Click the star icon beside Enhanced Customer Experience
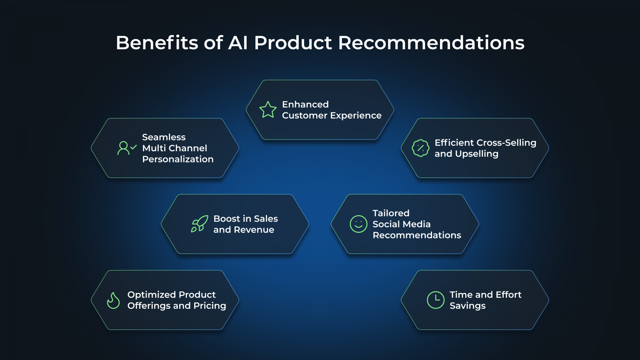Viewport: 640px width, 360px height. [268, 110]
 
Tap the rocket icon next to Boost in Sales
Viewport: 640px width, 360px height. [200, 224]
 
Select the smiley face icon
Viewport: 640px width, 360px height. [358, 224]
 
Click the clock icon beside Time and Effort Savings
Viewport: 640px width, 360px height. [435, 300]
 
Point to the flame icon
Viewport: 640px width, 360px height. [113, 300]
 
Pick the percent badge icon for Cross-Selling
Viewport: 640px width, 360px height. [420, 148]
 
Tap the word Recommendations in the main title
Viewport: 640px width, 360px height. [431, 43]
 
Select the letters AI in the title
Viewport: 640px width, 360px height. [238, 43]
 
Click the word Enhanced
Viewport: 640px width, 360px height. [305, 104]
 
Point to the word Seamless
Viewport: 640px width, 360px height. [164, 137]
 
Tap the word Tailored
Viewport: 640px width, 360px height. [391, 213]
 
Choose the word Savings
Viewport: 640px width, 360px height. [467, 306]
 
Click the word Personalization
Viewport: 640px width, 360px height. [178, 159]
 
